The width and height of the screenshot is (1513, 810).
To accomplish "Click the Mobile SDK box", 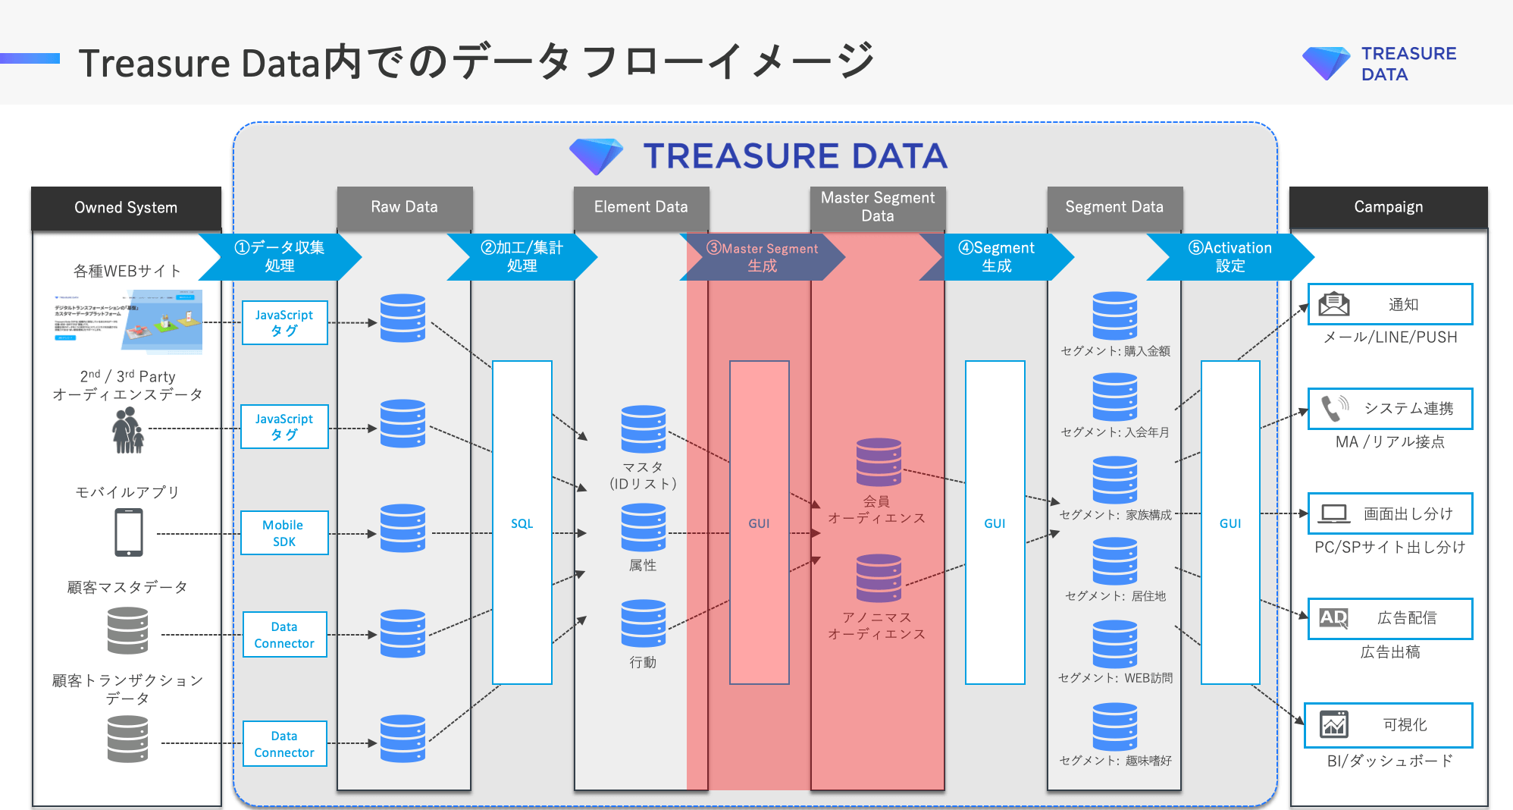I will click(284, 532).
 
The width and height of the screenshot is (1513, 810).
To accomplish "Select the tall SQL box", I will click(522, 523).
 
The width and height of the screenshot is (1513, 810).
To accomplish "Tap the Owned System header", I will click(126, 207).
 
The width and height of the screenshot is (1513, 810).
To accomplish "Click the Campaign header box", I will click(1388, 207).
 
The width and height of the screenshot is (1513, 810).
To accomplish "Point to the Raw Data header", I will click(404, 207).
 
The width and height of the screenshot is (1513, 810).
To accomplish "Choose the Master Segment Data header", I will click(877, 207).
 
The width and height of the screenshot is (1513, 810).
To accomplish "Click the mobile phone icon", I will click(129, 532).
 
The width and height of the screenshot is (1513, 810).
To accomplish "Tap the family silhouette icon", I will click(127, 430).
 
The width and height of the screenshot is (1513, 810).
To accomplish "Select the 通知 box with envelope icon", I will click(1389, 304).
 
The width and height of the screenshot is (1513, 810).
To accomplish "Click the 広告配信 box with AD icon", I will click(1389, 618).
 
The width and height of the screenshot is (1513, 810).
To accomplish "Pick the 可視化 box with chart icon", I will click(1388, 724).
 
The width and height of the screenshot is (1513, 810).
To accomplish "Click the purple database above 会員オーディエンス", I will click(879, 462).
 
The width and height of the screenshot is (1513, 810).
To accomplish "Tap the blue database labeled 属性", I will click(643, 528).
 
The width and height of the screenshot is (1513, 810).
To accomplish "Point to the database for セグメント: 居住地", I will click(1114, 561).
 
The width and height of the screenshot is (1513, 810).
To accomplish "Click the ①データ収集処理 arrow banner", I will click(280, 256).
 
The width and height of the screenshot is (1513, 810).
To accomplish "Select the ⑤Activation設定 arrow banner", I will click(1230, 256).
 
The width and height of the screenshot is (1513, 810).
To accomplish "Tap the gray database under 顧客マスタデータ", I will click(127, 631).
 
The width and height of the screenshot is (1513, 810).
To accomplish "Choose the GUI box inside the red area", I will click(759, 523).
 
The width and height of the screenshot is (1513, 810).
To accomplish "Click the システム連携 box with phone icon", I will click(1389, 409).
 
